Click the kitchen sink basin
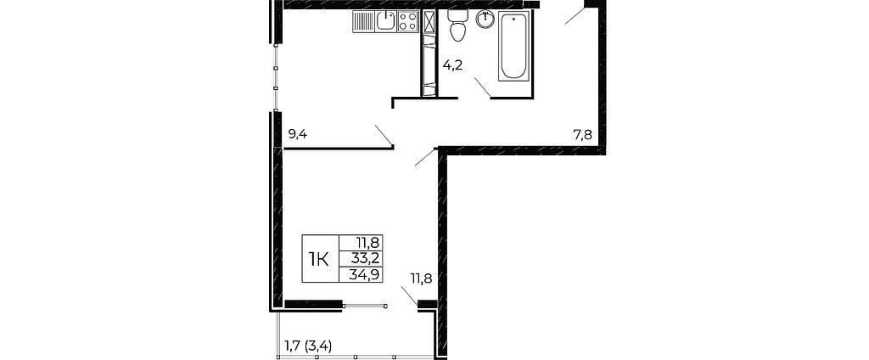pos(385,21)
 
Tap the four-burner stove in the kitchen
pos(407,21)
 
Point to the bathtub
pos(513,46)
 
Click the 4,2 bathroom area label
pos(452,65)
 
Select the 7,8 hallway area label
pos(582,134)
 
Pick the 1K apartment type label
pos(318,258)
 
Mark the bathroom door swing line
pos(482,87)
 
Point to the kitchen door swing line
pos(384,136)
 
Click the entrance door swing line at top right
pos(575,15)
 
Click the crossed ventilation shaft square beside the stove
pos(429,21)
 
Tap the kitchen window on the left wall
pos(275,77)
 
